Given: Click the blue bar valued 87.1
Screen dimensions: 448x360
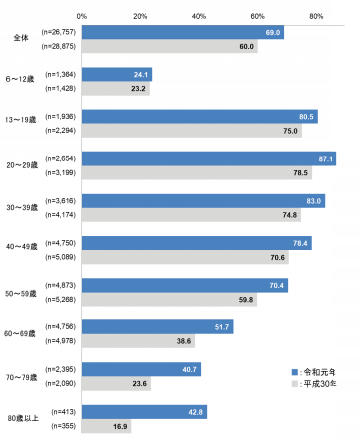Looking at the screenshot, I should pos(208,158).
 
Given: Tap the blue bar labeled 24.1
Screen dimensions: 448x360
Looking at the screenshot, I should pos(116,74).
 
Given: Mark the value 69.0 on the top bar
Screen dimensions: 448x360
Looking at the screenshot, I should pos(272,32).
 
